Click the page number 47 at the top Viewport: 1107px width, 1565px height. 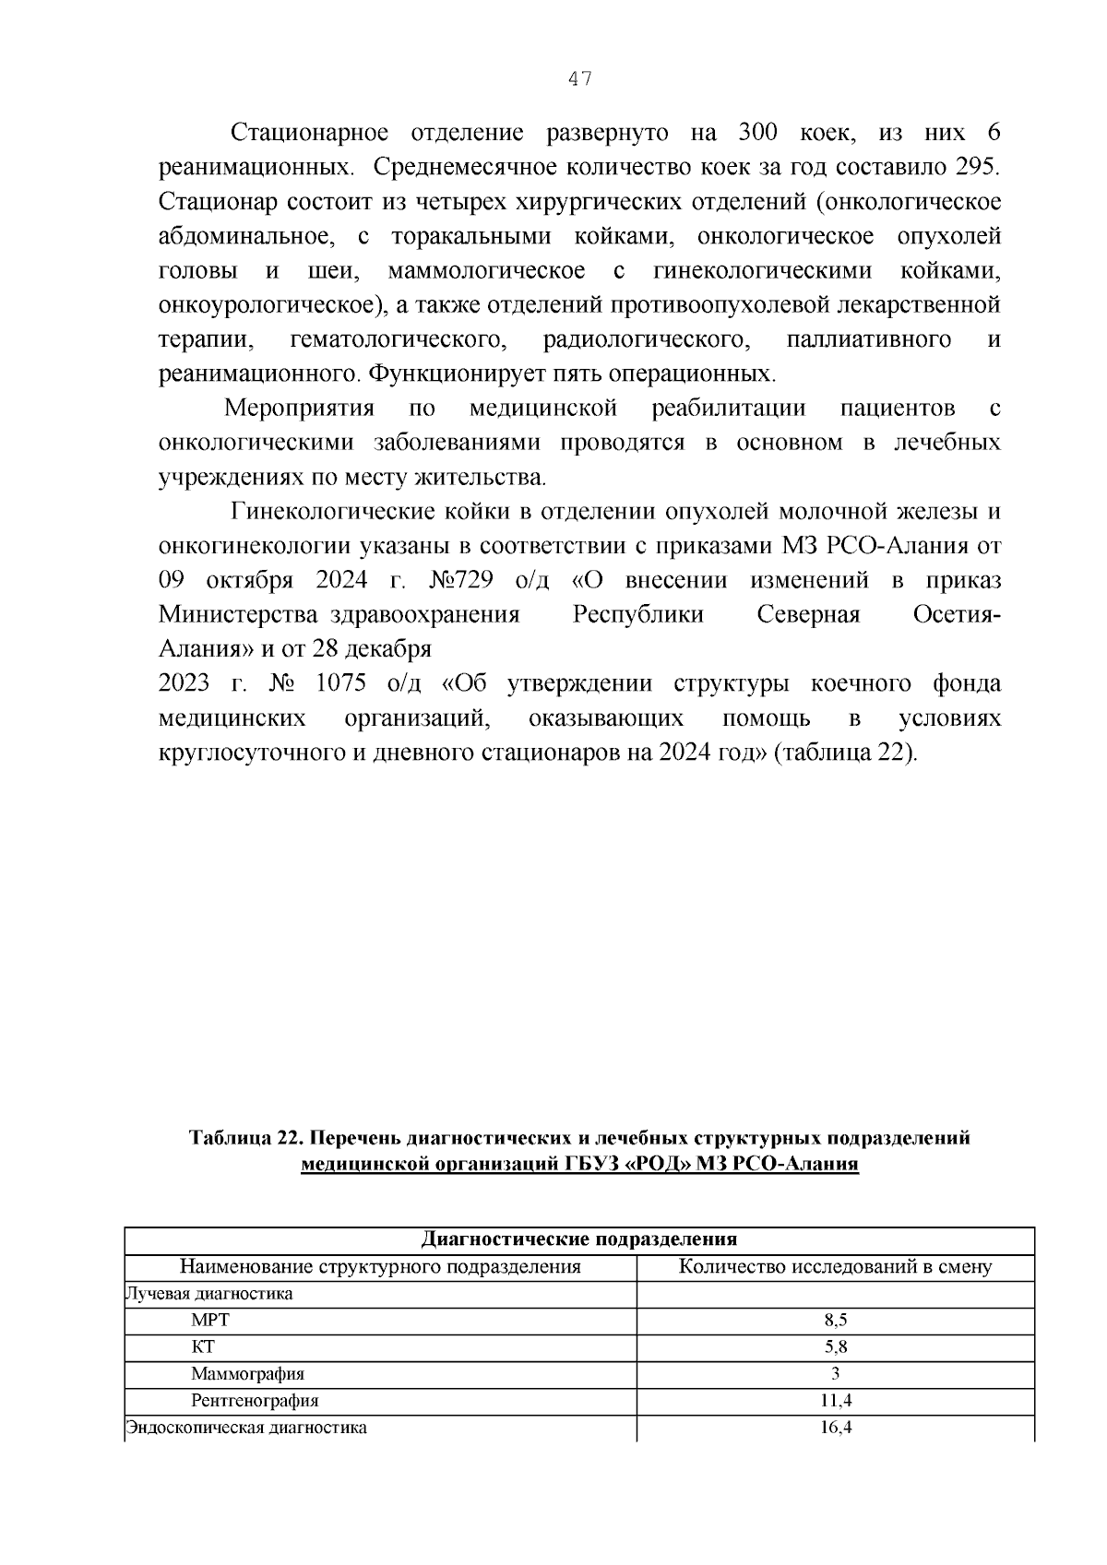[x=579, y=79]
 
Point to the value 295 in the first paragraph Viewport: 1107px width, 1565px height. [x=976, y=168]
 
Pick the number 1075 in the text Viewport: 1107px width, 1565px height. [x=340, y=684]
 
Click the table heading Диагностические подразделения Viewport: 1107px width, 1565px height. [x=579, y=1239]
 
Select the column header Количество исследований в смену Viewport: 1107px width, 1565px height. [x=835, y=1267]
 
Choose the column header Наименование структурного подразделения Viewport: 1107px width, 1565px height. [x=380, y=1267]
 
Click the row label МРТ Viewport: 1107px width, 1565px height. [x=210, y=1321]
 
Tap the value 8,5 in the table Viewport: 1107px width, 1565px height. [x=835, y=1321]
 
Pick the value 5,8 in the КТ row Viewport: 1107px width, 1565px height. [x=835, y=1347]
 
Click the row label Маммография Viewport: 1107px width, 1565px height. [x=247, y=1374]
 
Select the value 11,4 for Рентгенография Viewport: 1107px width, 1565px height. [x=835, y=1401]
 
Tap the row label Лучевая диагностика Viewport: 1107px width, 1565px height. [x=209, y=1294]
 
